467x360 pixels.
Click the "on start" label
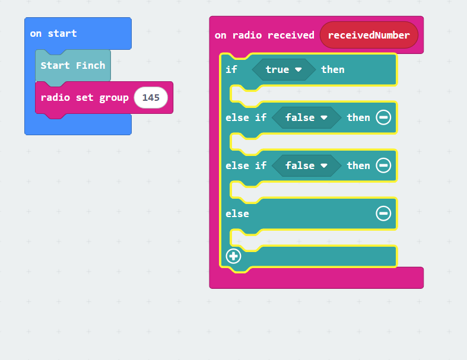[x=53, y=33]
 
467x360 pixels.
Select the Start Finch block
[x=73, y=65]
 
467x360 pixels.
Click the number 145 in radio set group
[x=151, y=98]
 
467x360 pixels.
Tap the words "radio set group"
[x=85, y=98]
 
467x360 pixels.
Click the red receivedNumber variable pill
[x=369, y=35]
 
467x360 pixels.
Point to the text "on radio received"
[x=265, y=35]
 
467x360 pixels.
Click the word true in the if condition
[x=277, y=69]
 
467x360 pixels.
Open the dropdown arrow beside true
[x=298, y=69]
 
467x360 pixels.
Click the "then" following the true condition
[x=333, y=69]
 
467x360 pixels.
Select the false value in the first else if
[x=300, y=117]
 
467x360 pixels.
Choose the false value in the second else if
[x=300, y=165]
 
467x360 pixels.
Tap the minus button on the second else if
[x=383, y=165]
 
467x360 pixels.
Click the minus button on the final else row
[x=383, y=213]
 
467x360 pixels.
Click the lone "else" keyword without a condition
[x=237, y=214]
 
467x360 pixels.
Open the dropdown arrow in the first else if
[x=324, y=117]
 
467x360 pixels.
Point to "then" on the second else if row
[x=358, y=165]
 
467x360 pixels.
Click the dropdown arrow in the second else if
[x=324, y=165]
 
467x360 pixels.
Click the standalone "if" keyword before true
[x=231, y=69]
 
